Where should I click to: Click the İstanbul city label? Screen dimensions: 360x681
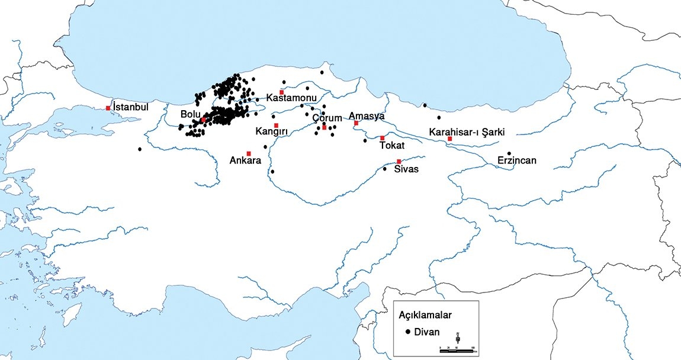(130, 107)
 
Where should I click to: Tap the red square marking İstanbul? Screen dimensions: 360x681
(108, 108)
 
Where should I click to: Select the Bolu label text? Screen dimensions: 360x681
(190, 113)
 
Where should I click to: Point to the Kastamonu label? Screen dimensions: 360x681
(291, 97)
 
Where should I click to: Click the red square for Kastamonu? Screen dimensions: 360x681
(282, 92)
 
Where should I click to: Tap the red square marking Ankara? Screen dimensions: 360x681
(249, 153)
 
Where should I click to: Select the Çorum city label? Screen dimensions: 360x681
(327, 118)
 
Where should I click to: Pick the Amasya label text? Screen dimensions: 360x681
(367, 115)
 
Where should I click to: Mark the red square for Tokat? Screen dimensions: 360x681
(383, 138)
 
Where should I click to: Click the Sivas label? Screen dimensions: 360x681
(407, 169)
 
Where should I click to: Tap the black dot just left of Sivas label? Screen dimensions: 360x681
(385, 169)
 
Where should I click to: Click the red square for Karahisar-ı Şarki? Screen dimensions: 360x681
(450, 139)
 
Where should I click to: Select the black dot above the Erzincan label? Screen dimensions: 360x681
(509, 153)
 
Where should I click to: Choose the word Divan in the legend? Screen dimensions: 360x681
(427, 332)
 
